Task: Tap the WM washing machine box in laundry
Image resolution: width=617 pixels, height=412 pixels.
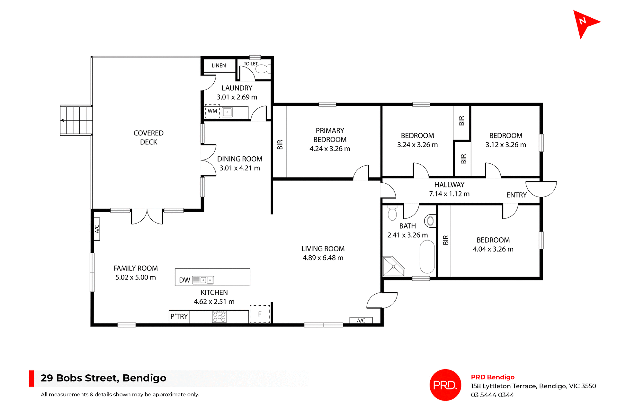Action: click(212, 111)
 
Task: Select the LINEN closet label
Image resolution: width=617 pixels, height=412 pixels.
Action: click(219, 66)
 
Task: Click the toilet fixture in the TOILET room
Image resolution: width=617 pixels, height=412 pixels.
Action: click(263, 69)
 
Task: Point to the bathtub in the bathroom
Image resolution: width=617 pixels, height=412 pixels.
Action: click(427, 257)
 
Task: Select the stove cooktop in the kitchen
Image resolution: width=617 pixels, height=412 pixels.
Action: click(219, 317)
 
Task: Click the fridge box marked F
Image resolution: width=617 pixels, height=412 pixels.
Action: click(260, 314)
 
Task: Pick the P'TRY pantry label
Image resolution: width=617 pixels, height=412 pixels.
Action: click(179, 316)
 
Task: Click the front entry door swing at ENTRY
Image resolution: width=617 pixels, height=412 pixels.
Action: click(541, 189)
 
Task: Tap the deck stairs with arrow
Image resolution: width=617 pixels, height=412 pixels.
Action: click(76, 120)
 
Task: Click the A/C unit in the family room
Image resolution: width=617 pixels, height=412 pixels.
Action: click(97, 229)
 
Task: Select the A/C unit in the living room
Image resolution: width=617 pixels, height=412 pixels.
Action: click(361, 320)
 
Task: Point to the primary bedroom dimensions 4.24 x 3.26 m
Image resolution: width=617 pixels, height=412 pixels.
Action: click(330, 149)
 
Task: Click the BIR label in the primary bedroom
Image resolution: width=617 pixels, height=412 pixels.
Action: click(280, 145)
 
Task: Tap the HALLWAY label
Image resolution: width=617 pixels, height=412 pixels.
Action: click(449, 185)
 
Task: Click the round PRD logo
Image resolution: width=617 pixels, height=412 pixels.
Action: click(445, 385)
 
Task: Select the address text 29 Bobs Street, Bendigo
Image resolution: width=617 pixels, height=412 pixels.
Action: click(103, 378)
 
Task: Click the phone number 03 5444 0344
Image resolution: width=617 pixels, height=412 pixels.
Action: click(492, 395)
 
